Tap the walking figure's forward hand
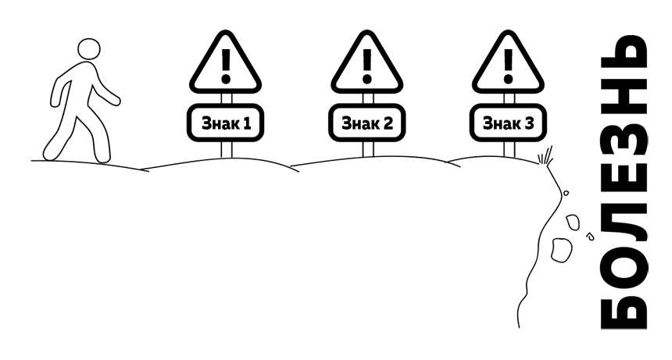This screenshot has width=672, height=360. point(116,100)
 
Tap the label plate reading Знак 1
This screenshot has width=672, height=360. point(225,123)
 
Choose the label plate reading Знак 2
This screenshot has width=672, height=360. point(366,123)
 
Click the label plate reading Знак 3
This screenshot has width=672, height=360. point(508,123)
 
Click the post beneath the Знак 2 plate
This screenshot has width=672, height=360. point(366,149)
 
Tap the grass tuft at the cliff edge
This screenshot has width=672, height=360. point(547,155)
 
